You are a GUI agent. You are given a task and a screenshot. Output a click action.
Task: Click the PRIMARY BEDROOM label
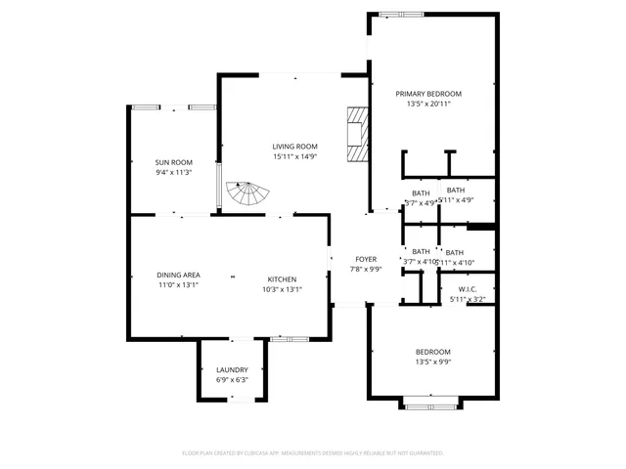428,94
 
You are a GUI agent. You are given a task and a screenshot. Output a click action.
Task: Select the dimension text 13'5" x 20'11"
428,104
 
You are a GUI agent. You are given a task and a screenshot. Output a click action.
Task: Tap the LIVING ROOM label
294,147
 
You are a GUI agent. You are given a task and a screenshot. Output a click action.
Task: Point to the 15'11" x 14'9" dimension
294,156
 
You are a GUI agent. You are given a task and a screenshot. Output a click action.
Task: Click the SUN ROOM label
173,162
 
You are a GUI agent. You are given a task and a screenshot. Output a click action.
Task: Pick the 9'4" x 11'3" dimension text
173,172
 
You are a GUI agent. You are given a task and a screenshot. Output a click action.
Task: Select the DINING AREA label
179,276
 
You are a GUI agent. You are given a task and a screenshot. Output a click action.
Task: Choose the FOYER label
366,259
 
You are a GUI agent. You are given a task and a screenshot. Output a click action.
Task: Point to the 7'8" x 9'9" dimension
366,269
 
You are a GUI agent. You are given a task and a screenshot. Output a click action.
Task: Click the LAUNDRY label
232,369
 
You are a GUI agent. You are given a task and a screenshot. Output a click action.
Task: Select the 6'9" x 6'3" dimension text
232,379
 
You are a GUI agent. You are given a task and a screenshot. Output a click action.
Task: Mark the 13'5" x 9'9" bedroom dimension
432,362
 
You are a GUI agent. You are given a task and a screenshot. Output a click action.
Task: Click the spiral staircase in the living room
246,193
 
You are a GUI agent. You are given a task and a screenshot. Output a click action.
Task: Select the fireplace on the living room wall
358,134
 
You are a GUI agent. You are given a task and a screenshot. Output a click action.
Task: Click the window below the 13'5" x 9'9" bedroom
431,402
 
